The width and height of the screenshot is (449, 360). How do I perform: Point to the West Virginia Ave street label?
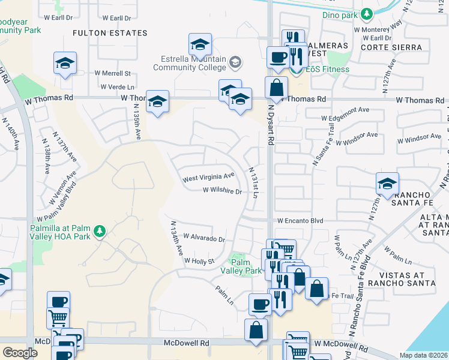tap(208, 177)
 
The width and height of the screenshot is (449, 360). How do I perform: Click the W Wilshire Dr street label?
tap(221, 192)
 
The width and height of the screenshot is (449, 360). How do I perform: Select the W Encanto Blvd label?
tap(300, 221)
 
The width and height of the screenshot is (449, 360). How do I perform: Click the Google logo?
tap(20, 353)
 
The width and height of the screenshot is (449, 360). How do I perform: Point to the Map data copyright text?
tap(424, 355)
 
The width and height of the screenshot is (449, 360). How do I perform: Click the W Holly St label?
tap(199, 261)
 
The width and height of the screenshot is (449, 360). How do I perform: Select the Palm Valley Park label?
tap(246, 266)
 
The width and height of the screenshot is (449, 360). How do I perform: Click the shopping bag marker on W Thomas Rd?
tap(276, 88)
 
